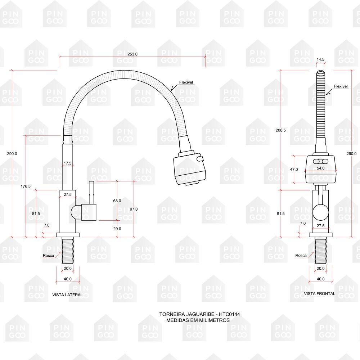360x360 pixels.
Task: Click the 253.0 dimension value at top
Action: [x=132, y=54]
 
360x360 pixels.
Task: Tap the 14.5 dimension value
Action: [x=320, y=59]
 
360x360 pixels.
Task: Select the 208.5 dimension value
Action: [x=281, y=130]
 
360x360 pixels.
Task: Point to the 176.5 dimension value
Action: [x=26, y=186]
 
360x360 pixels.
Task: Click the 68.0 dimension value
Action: [x=117, y=201]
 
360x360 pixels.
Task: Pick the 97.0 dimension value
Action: [x=134, y=209]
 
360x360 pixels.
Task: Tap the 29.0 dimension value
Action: [x=117, y=229]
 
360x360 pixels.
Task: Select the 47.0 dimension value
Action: [x=294, y=170]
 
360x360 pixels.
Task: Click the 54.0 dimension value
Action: [x=320, y=168]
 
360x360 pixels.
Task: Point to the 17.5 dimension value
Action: [x=68, y=163]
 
